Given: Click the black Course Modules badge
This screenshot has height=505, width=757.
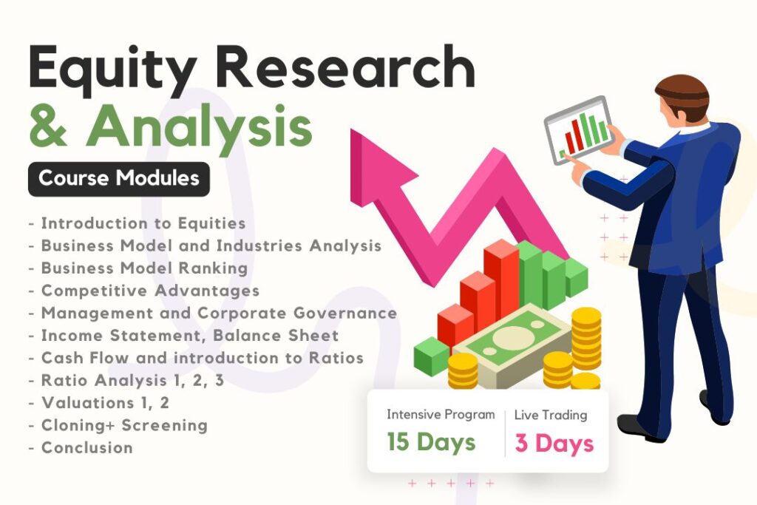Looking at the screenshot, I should point(118,178).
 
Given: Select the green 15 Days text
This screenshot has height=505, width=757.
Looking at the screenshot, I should point(432,443).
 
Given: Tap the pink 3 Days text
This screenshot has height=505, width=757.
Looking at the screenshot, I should point(554,443).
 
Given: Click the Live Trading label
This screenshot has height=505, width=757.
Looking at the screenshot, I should point(551,415).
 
